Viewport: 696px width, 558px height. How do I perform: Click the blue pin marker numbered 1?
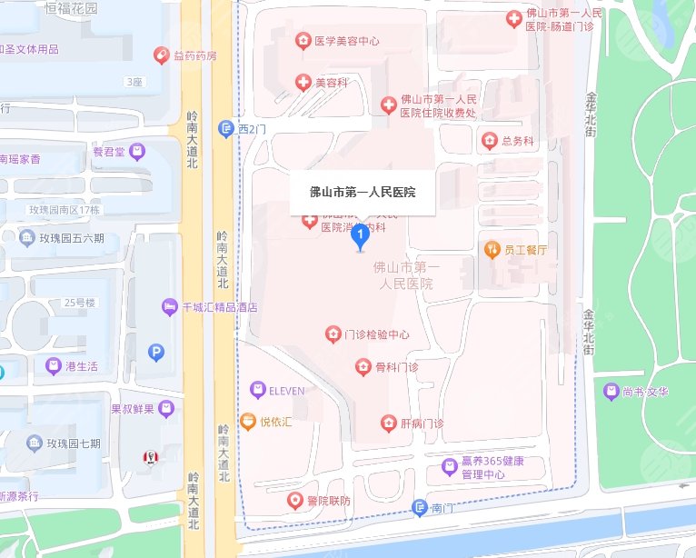click(x=360, y=236)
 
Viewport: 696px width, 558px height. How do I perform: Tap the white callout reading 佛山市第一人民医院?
click(x=363, y=193)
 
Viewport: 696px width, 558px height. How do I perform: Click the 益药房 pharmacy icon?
click(x=162, y=55)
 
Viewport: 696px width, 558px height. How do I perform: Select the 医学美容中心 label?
click(x=347, y=41)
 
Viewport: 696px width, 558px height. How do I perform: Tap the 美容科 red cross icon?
click(x=303, y=83)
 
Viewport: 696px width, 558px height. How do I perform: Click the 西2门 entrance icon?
click(x=226, y=129)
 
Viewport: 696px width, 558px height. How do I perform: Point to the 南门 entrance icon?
click(x=419, y=508)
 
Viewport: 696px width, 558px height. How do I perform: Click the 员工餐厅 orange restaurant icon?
click(x=492, y=249)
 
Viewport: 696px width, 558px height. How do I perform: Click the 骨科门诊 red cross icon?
click(x=363, y=367)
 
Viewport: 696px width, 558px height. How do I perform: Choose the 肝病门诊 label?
click(x=423, y=423)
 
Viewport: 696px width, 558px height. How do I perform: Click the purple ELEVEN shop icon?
click(x=257, y=391)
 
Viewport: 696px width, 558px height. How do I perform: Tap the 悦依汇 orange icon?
click(x=247, y=422)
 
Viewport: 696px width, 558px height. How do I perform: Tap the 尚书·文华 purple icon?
click(x=611, y=392)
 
